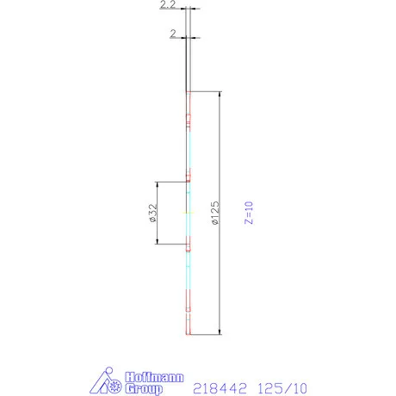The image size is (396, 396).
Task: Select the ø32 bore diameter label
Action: (x=152, y=213)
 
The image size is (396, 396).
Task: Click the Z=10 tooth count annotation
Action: (x=250, y=212)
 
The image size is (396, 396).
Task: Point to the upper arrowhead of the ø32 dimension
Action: (x=157, y=184)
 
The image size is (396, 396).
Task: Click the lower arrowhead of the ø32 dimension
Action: (x=157, y=241)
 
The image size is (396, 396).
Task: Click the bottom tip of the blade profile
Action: (x=188, y=332)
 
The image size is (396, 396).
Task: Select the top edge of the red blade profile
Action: (x=188, y=92)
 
